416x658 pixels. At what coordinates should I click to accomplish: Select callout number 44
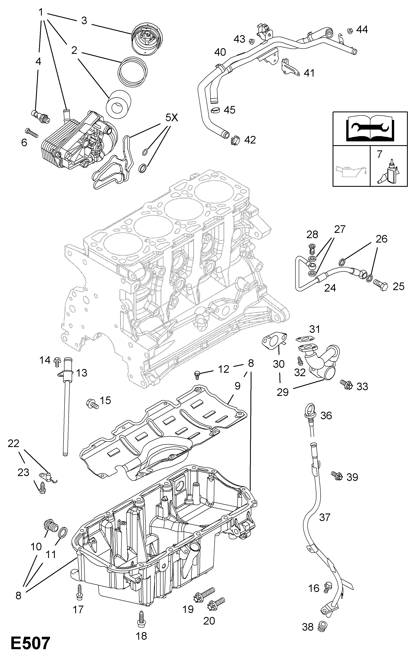362,29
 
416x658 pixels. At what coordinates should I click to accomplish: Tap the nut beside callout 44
349,31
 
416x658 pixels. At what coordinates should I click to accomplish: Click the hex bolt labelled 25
380,285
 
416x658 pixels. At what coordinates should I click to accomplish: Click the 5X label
171,118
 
